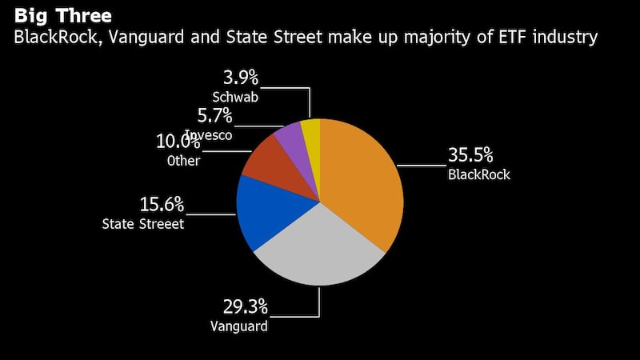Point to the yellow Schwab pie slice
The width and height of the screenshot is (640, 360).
pyautogui.click(x=311, y=132)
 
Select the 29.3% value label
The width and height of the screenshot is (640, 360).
pyautogui.click(x=245, y=306)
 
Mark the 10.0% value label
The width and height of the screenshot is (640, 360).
pyautogui.click(x=178, y=142)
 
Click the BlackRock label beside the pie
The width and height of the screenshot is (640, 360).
pyautogui.click(x=478, y=174)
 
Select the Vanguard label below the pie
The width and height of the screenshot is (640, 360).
pyautogui.click(x=238, y=326)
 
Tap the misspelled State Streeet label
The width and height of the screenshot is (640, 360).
pyautogui.click(x=143, y=224)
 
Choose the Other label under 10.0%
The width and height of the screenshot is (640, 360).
pyautogui.click(x=183, y=161)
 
